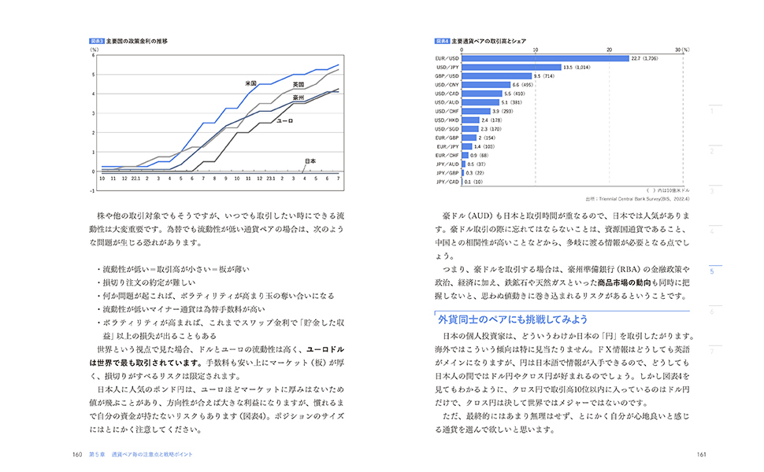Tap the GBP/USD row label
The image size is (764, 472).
(447, 76)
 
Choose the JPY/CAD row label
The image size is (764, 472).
(447, 182)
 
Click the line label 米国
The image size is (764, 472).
(251, 83)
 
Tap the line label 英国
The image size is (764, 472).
(299, 84)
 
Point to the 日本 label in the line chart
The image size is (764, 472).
(310, 161)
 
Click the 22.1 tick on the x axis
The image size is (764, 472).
(136, 179)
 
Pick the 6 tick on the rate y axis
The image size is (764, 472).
(93, 55)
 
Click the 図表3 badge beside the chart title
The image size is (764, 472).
(96, 40)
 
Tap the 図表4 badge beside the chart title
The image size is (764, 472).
(441, 40)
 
